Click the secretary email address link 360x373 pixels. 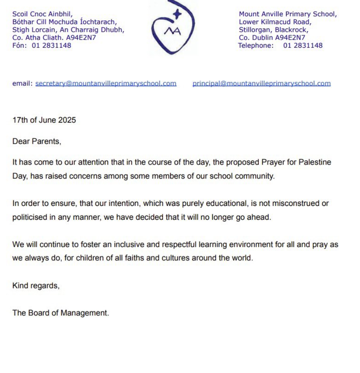click(x=106, y=83)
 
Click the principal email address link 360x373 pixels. click(x=262, y=83)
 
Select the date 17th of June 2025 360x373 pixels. click(x=44, y=120)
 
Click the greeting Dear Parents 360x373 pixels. click(x=37, y=141)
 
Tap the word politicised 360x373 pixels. click(x=30, y=217)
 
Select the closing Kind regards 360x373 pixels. click(x=36, y=286)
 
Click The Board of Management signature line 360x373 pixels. click(x=60, y=313)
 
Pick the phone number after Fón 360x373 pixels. click(x=51, y=45)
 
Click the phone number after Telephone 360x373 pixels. click(x=303, y=45)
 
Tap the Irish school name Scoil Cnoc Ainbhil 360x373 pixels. click(x=42, y=14)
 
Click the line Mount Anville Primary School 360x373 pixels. click(x=288, y=14)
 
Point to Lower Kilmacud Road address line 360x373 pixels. click(x=275, y=22)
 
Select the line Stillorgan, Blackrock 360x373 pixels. click(x=273, y=30)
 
